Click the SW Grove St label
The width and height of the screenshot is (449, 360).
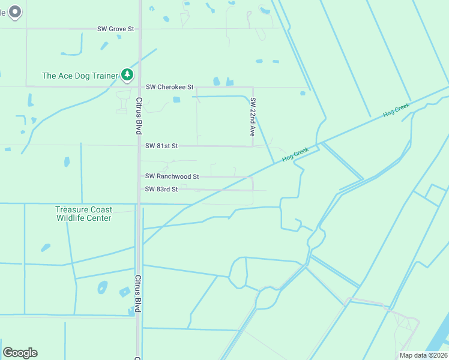(116, 29)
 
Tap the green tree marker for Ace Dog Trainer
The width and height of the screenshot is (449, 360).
(127, 74)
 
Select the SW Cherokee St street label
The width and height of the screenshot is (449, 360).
(169, 87)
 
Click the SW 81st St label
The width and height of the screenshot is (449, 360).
(161, 146)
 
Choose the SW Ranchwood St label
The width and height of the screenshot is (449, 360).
(172, 176)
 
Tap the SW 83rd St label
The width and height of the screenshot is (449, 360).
(161, 190)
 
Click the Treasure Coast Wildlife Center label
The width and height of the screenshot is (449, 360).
(83, 214)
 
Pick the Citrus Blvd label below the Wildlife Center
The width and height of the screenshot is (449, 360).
(138, 293)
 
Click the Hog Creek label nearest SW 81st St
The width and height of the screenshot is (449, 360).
(295, 154)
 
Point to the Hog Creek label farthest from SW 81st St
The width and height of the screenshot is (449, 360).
(396, 110)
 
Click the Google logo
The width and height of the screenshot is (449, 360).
(20, 353)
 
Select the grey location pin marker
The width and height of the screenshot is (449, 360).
(16, 11)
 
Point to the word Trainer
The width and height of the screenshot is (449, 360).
(103, 76)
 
